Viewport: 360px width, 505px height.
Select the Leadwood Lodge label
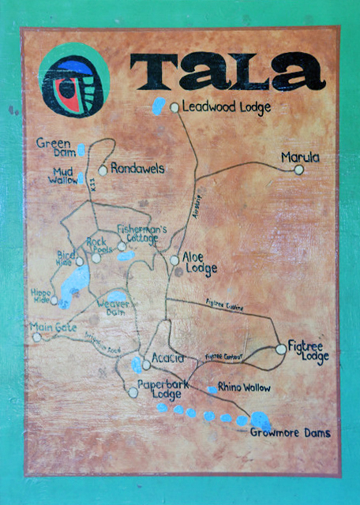pos(227,107)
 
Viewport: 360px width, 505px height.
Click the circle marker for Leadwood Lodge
pos(175,107)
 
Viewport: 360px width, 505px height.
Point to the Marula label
pos(300,158)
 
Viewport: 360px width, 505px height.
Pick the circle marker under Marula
pos(298,170)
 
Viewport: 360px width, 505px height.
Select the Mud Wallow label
pos(64,176)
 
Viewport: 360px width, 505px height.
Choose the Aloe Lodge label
pos(200,264)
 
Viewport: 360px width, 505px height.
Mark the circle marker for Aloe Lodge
pos(174,260)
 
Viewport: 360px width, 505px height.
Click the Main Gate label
pos(51,327)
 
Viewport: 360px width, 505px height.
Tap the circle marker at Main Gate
pos(37,337)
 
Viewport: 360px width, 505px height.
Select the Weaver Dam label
pos(114,308)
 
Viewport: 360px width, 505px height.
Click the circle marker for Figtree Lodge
pos(280,349)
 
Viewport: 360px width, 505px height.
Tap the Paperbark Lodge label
pos(160,388)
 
